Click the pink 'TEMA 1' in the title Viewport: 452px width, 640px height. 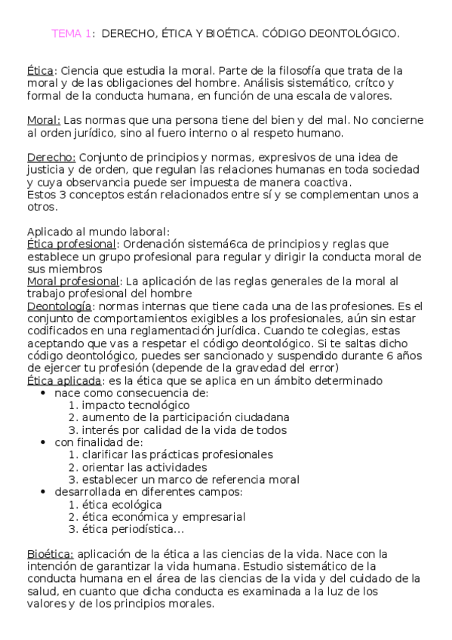[x=72, y=33]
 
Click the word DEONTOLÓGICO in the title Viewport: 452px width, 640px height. [x=355, y=33]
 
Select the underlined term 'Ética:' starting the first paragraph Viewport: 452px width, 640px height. [x=39, y=70]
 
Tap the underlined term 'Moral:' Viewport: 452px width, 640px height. [x=44, y=120]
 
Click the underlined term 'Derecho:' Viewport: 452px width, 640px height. [x=51, y=157]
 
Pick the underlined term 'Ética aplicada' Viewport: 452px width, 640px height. [x=64, y=380]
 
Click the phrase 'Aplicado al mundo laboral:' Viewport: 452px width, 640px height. [x=98, y=232]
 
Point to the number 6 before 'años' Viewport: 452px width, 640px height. [x=389, y=355]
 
